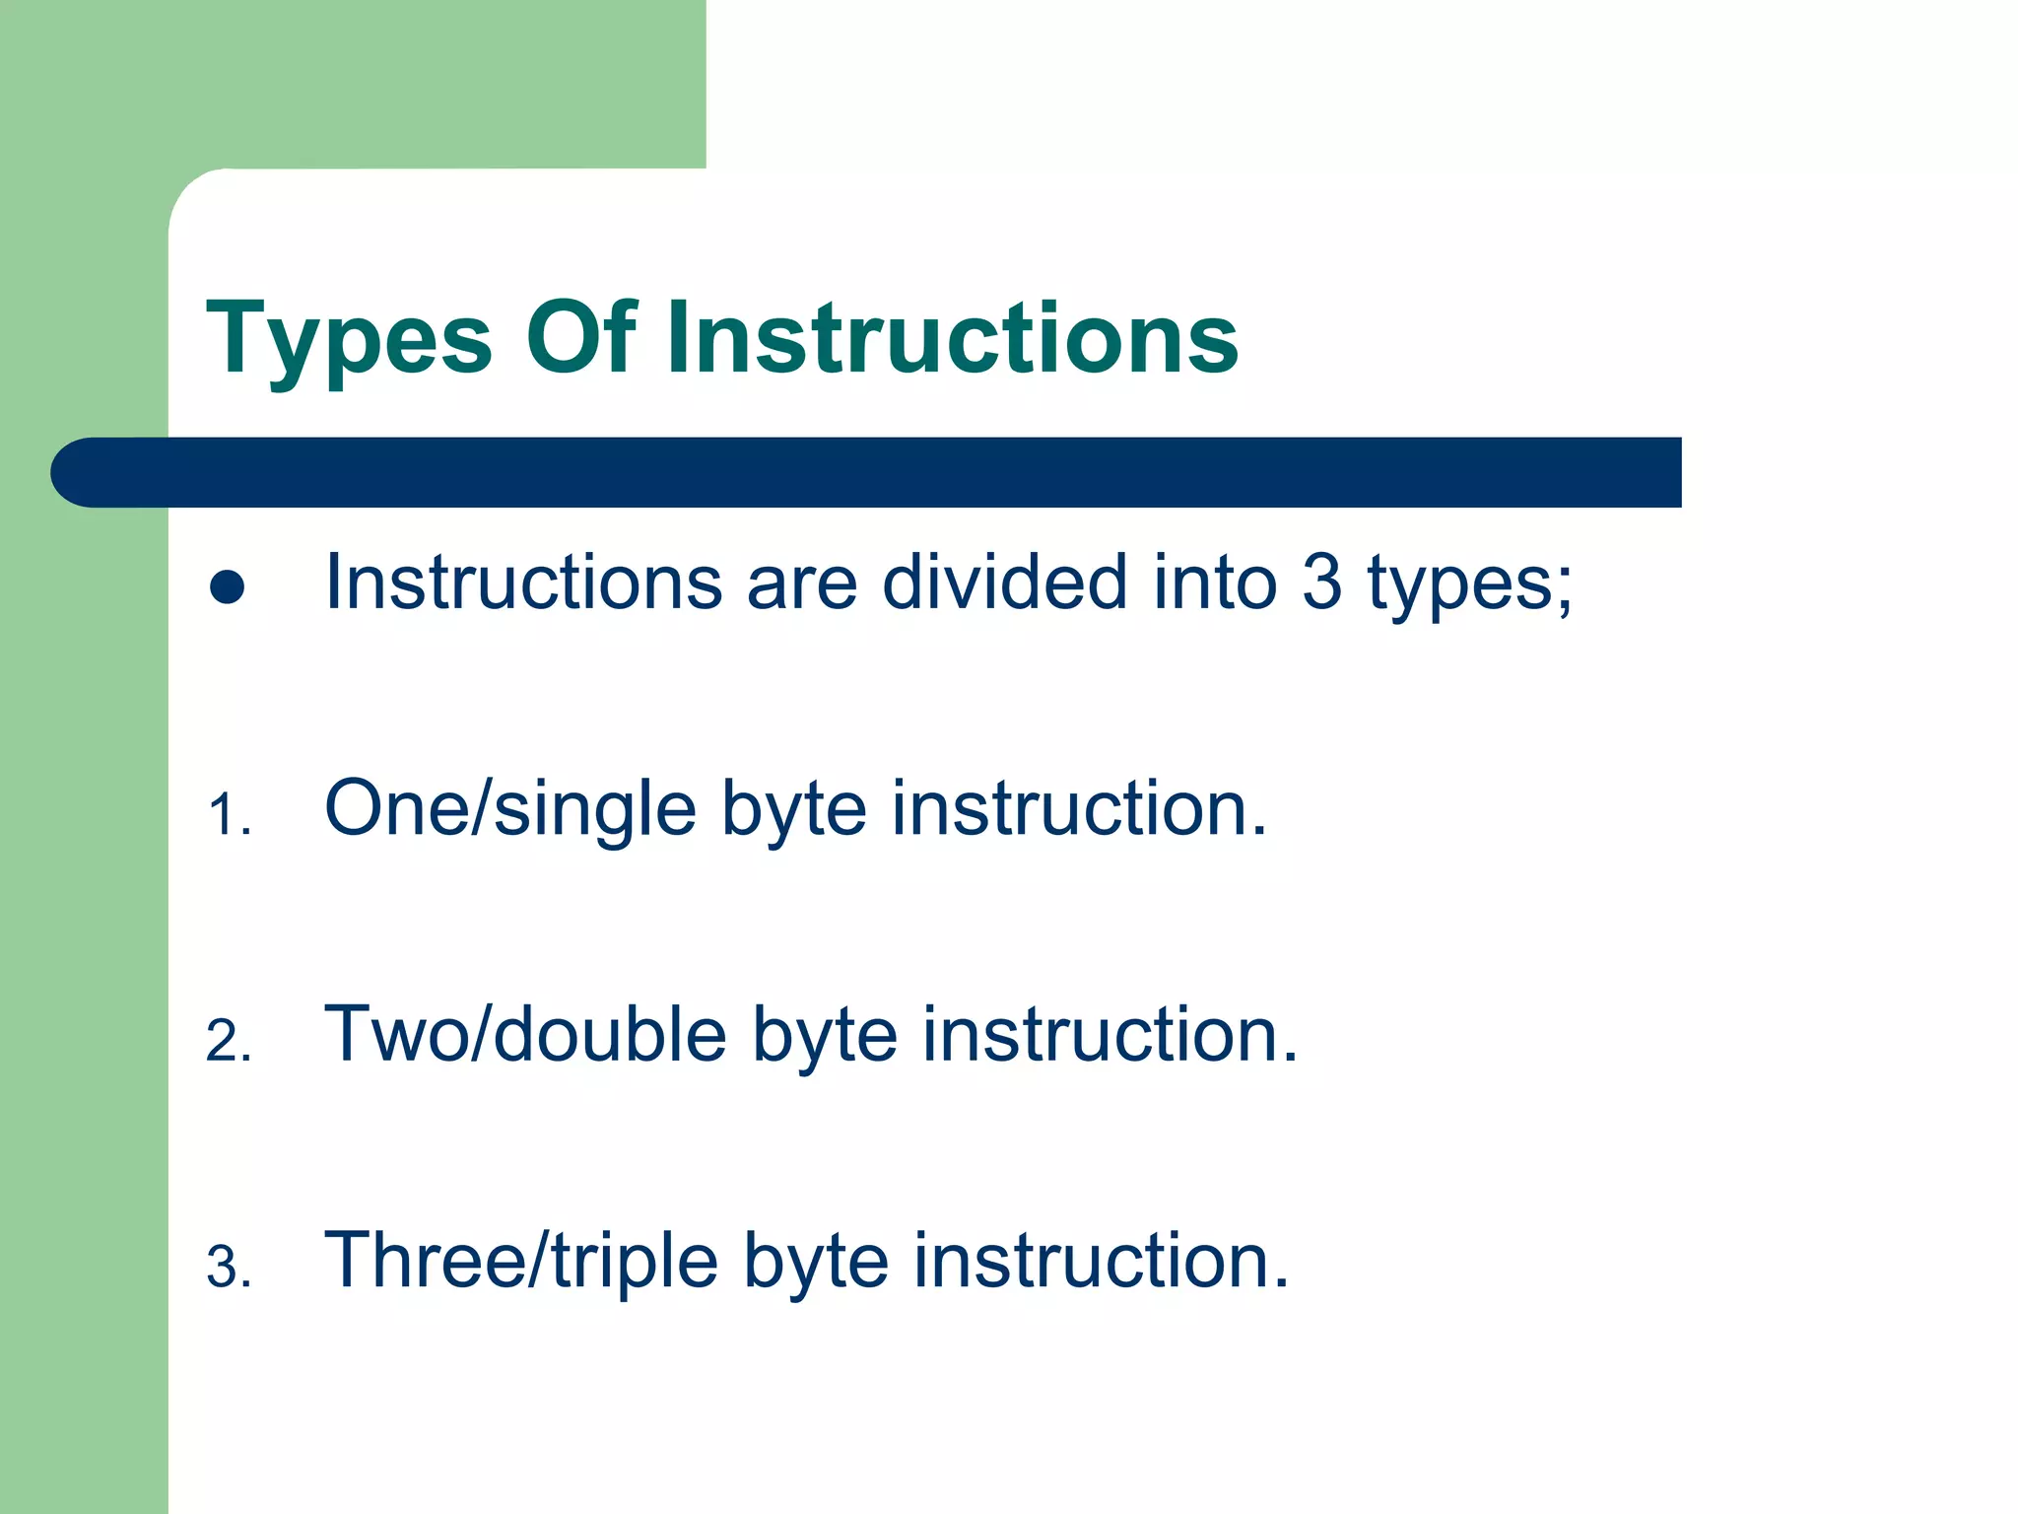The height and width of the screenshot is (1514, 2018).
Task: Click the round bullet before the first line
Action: coord(228,587)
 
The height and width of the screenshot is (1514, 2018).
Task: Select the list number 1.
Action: coord(228,816)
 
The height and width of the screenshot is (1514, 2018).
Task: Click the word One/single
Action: coord(510,810)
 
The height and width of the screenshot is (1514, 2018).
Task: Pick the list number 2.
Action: coord(228,1042)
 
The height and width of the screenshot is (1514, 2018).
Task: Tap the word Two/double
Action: coord(525,1034)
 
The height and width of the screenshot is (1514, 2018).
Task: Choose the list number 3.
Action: coord(228,1268)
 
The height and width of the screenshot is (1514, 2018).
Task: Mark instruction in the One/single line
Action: coord(1079,808)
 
